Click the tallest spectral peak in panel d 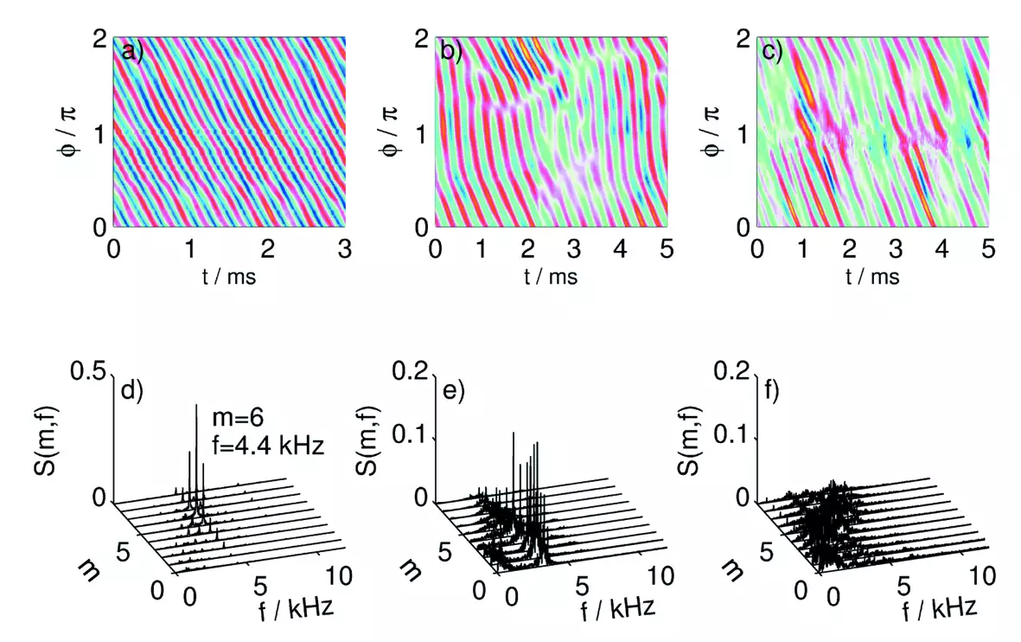196,405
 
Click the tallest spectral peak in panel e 514,433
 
